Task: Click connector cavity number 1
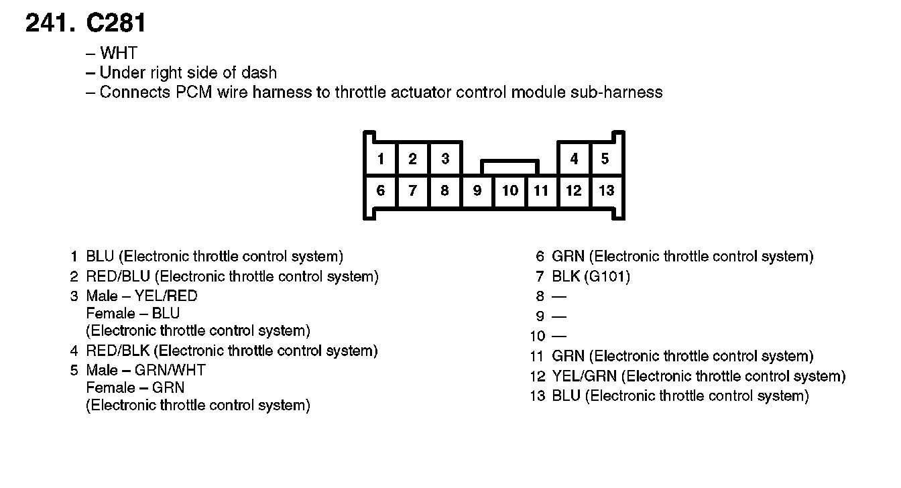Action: pyautogui.click(x=380, y=159)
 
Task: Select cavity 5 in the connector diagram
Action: pyautogui.click(x=605, y=159)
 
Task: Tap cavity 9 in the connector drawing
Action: pyautogui.click(x=477, y=191)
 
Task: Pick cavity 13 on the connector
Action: pyautogui.click(x=606, y=191)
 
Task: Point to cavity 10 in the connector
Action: pyautogui.click(x=510, y=191)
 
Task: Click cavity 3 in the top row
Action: pyautogui.click(x=444, y=159)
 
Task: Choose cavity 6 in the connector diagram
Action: pyautogui.click(x=380, y=191)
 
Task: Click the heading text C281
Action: pyautogui.click(x=116, y=24)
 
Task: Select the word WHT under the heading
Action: pyautogui.click(x=119, y=54)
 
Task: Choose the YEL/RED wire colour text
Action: pyautogui.click(x=166, y=296)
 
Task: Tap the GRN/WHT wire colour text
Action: pyautogui.click(x=170, y=370)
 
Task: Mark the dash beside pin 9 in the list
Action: pyautogui.click(x=559, y=316)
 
